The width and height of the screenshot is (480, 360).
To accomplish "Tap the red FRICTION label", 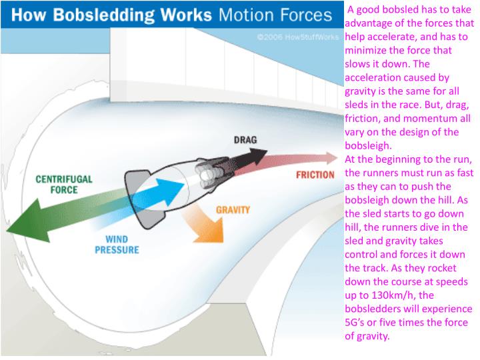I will [x=315, y=175].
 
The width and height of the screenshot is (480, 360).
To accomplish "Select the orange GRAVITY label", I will [x=233, y=209].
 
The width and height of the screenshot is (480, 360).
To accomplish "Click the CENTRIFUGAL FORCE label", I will [x=63, y=184].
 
